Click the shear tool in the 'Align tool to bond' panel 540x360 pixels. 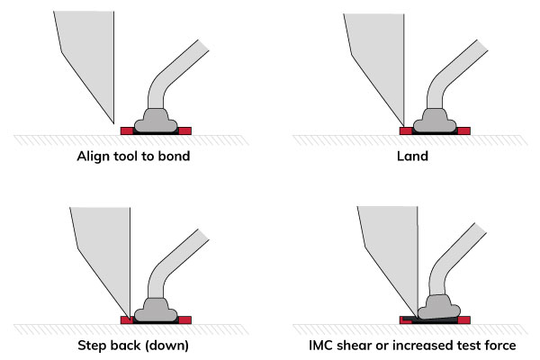(x=85, y=54)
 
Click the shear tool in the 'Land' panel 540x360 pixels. (x=369, y=54)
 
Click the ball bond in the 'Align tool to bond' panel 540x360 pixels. (x=157, y=117)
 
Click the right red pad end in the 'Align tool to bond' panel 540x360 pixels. (x=186, y=131)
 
